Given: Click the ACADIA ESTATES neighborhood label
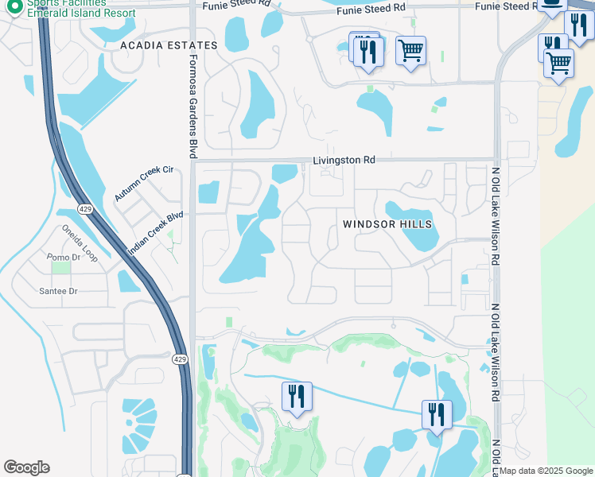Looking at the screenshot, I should point(169,45).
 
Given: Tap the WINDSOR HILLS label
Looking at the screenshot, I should point(387,224).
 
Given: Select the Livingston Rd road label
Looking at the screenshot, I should point(343,160).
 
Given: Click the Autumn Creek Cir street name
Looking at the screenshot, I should point(143,184).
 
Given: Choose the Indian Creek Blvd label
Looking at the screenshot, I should point(155,233).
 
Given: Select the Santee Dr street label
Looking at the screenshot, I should point(58,291).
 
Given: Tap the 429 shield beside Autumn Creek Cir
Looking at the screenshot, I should point(84,208).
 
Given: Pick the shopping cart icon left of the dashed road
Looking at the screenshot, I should point(410,51).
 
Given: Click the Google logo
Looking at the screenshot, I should point(26,467).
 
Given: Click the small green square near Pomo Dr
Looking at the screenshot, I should point(60,268).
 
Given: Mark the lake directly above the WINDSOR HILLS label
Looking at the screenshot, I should point(409,211).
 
